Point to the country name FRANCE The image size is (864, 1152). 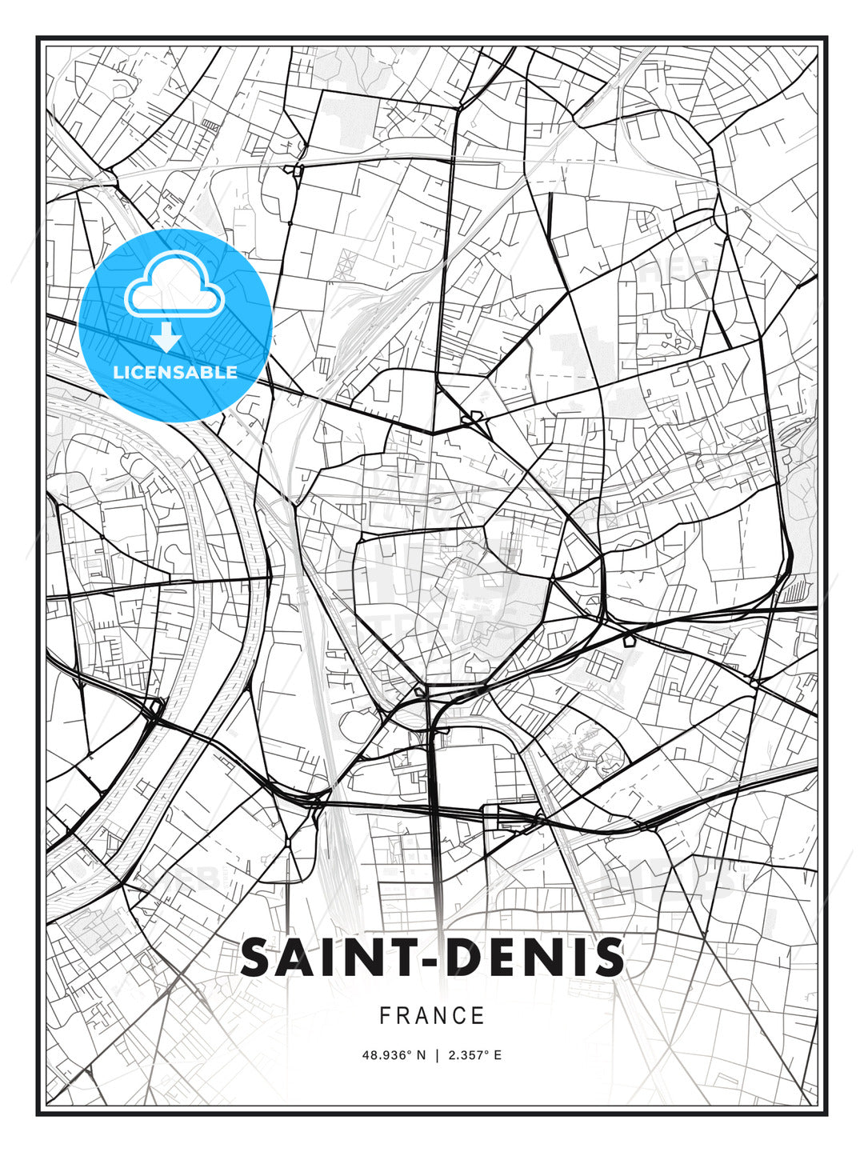(432, 1016)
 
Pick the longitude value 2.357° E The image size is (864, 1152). (475, 1055)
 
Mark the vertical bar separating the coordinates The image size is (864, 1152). (437, 1055)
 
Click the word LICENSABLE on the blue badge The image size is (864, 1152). (175, 372)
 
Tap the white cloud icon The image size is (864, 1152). (174, 286)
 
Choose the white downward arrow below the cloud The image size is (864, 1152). (167, 338)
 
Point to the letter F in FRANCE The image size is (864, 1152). (385, 1016)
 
